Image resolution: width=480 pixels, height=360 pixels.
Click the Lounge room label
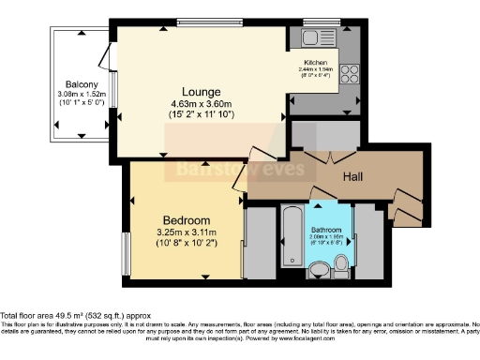[x=202, y=91]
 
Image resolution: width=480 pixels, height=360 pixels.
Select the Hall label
[x=352, y=176]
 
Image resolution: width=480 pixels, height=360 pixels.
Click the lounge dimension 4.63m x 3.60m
[x=202, y=103]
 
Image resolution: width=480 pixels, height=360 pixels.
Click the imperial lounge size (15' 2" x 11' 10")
[x=202, y=114]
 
